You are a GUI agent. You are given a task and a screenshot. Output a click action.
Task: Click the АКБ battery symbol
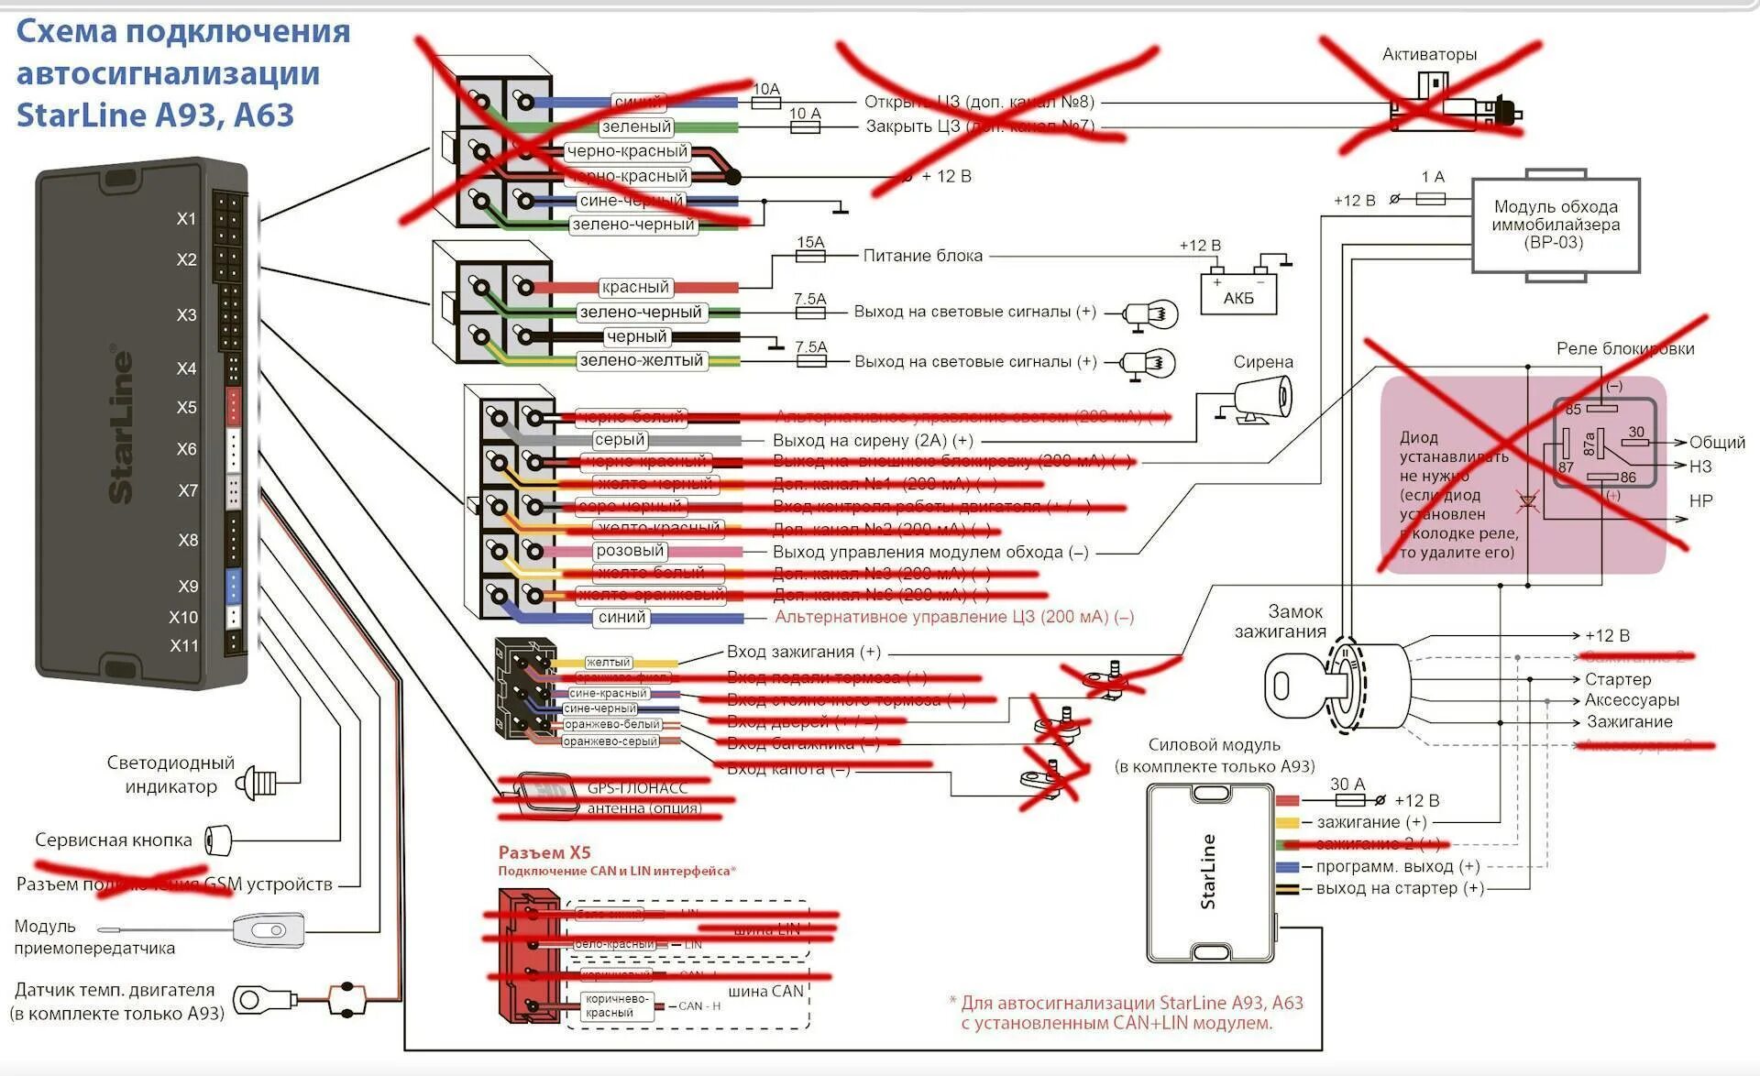coord(1237,291)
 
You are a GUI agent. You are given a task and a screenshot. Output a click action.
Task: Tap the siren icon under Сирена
coord(1259,401)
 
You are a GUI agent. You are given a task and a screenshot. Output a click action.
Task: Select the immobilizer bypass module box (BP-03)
coord(1555,225)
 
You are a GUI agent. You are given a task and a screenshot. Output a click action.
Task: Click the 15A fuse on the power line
coord(810,256)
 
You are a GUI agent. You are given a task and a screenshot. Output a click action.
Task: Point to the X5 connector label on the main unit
coord(187,407)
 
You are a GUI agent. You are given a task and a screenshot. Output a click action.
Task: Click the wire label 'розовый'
coord(629,551)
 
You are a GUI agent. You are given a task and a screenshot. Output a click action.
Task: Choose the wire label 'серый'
coord(620,440)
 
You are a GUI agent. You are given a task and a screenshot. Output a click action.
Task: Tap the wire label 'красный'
coord(634,287)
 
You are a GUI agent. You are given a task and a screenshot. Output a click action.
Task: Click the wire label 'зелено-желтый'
coord(641,361)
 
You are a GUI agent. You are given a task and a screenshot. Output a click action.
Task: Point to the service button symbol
coord(218,839)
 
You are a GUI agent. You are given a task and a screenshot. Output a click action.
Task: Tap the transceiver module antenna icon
coord(268,931)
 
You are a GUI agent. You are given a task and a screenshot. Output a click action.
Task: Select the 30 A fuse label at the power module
coord(1347,784)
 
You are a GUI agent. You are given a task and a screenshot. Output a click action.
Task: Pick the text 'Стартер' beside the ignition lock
coord(1618,679)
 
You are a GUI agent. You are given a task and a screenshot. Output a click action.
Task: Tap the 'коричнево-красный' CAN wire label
coord(616,1006)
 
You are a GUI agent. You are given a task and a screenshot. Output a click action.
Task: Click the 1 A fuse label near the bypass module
coord(1433,177)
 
